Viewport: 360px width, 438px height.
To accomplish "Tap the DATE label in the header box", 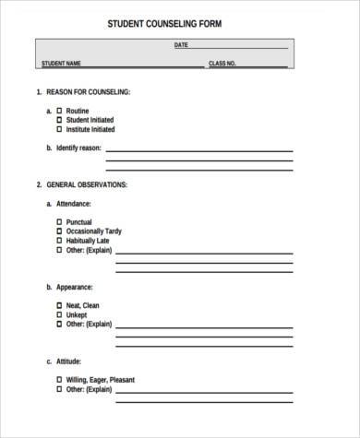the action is coord(180,45).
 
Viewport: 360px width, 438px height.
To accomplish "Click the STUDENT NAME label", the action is coord(61,64).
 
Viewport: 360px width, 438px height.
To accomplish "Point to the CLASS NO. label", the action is coord(222,64).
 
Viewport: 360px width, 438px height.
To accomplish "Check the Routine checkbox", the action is coord(60,111).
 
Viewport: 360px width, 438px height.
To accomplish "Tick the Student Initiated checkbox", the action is coord(60,120).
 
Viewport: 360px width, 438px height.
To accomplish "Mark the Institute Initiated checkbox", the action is coord(60,129).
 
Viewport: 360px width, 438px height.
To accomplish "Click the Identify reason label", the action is coord(79,148).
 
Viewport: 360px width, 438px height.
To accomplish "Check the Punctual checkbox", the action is coord(60,221).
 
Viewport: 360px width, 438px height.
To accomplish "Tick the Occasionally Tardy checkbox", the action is coord(60,231).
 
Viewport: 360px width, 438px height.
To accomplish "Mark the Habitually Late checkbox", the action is coord(60,240).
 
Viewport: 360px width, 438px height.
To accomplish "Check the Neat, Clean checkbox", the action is coord(60,305).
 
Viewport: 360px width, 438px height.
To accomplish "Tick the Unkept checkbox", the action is coord(60,314).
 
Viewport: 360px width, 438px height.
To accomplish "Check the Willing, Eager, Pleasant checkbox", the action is coord(60,380).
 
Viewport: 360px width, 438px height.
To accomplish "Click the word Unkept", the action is coord(77,314).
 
